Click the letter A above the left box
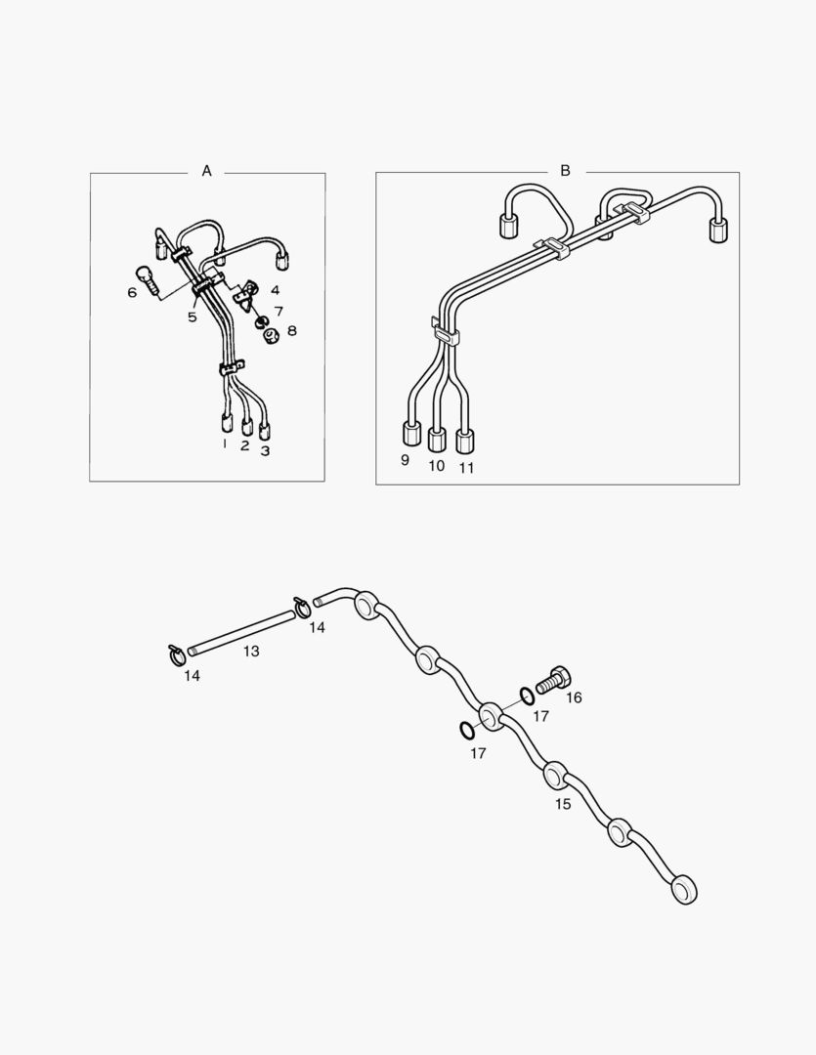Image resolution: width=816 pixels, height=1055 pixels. click(207, 171)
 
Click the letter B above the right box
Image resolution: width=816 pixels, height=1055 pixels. click(565, 171)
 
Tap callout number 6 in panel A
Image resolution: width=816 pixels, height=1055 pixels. click(132, 292)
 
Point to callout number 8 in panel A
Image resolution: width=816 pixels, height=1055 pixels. click(291, 330)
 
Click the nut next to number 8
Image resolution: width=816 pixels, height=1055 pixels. click(273, 333)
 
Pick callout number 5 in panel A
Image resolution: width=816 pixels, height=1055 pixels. click(192, 316)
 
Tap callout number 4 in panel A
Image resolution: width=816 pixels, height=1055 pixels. click(275, 291)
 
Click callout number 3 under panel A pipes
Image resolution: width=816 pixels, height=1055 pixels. click(265, 450)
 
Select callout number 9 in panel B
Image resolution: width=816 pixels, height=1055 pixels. click(405, 460)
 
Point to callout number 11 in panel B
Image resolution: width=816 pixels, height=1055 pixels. click(466, 468)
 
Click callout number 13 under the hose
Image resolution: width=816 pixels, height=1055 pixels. click(251, 652)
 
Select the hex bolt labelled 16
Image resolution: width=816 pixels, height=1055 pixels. click(551, 680)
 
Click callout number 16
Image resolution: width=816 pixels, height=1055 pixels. click(574, 697)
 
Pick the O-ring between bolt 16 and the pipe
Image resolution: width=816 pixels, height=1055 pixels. click(527, 696)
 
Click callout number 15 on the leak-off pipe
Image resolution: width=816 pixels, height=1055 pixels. click(563, 804)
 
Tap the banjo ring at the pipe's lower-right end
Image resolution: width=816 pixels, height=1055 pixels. click(684, 890)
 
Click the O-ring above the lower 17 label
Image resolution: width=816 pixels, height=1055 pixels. click(465, 730)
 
